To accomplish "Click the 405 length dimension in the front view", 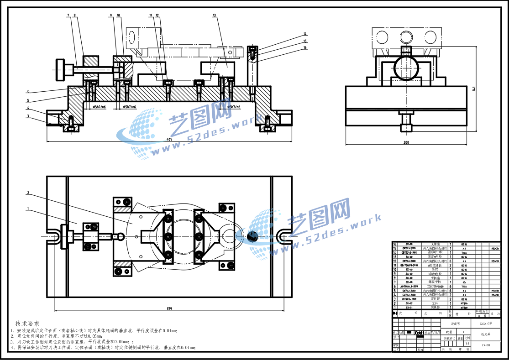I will [169, 139].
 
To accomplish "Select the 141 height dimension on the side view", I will [474, 89].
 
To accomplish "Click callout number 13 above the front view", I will [214, 16].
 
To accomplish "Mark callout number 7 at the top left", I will [68, 16].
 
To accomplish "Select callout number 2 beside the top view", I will [28, 193].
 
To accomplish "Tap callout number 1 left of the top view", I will [28, 209].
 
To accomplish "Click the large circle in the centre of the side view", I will [406, 68].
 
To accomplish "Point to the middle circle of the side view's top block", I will [406, 36].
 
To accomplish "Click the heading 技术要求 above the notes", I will [28, 323].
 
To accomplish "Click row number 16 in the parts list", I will [395, 244].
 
